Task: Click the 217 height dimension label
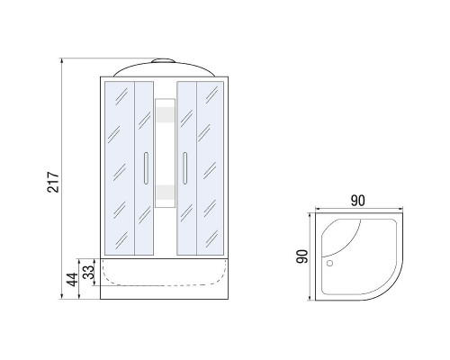[53, 182]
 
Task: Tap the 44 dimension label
[72, 280]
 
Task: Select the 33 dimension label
[89, 272]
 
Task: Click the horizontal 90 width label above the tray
[358, 201]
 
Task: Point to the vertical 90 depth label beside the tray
[302, 256]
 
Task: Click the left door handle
[146, 168]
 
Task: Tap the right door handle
[184, 168]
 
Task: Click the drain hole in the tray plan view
[329, 264]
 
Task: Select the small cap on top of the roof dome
[163, 60]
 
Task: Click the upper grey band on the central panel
[166, 114]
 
